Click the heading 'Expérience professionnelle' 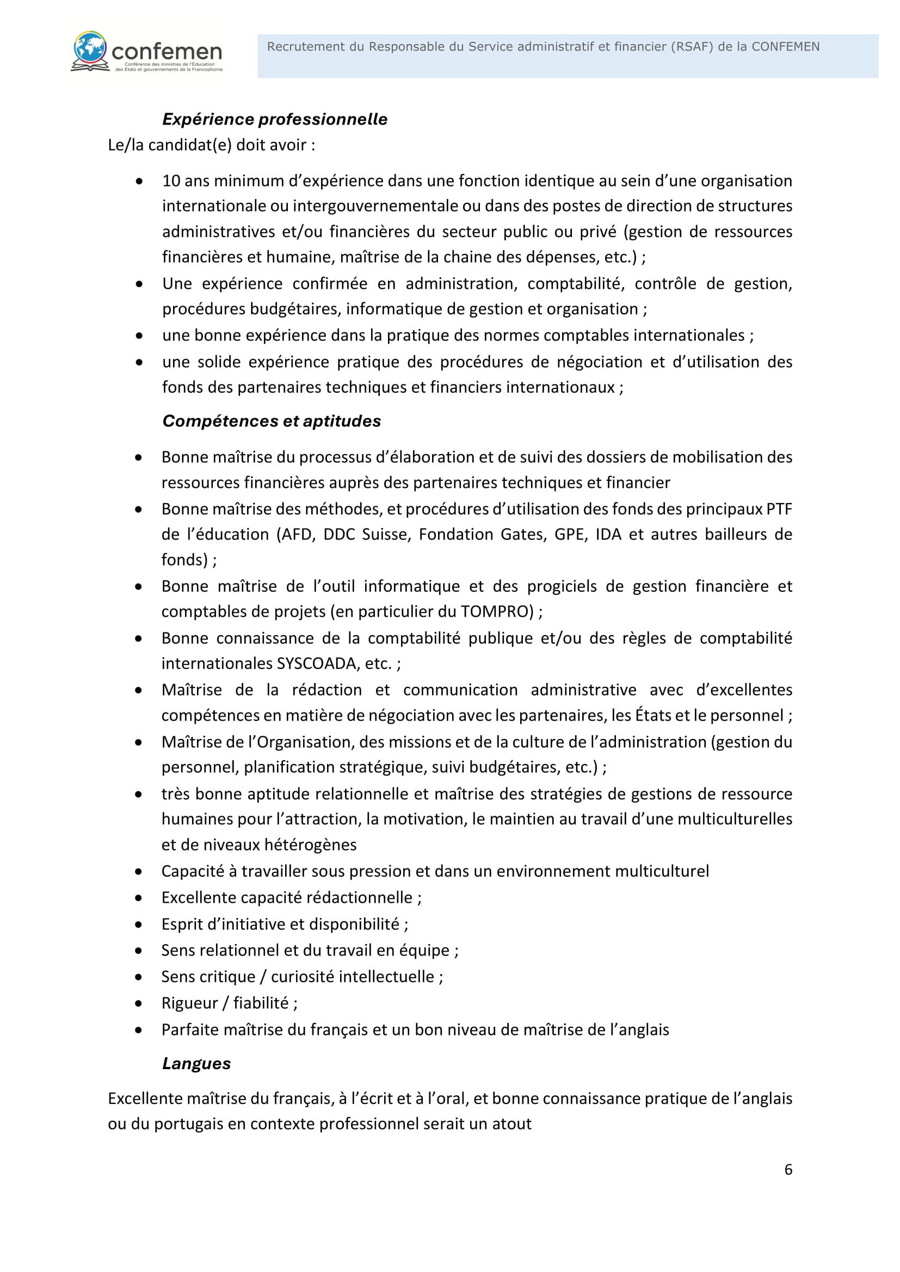pyautogui.click(x=275, y=119)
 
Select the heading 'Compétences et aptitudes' pyautogui.click(x=272, y=421)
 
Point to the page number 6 pyautogui.click(x=788, y=1170)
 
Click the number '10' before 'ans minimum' pyautogui.click(x=171, y=181)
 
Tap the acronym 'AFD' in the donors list pyautogui.click(x=298, y=535)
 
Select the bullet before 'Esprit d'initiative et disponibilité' pyautogui.click(x=139, y=924)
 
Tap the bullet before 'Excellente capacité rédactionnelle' pyautogui.click(x=139, y=897)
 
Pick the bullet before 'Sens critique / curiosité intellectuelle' pyautogui.click(x=139, y=977)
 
